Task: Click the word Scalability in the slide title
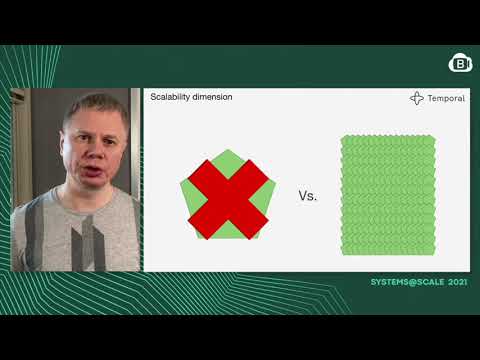168,98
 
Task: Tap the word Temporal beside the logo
446,99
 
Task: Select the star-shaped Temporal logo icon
417,99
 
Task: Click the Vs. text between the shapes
307,196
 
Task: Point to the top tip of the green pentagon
231,151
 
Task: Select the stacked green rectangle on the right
387,194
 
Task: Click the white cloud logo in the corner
460,63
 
